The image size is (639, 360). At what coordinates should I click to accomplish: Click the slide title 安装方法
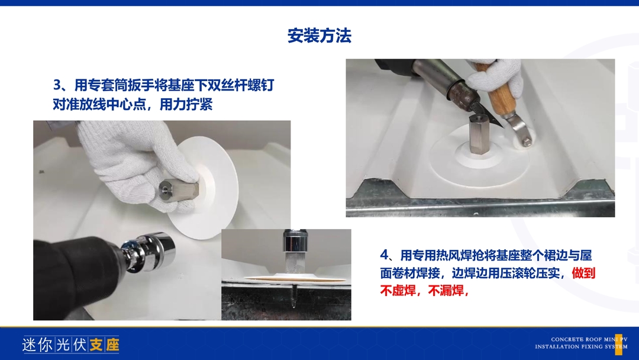[x=319, y=36]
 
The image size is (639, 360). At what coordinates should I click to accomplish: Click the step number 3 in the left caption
[x=57, y=85]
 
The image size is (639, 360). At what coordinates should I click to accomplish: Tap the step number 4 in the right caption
[x=385, y=255]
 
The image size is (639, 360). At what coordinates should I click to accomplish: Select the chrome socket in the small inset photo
[x=294, y=243]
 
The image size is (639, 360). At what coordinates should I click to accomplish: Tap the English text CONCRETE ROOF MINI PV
[x=589, y=339]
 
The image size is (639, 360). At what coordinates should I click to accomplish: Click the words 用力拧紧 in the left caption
[x=186, y=104]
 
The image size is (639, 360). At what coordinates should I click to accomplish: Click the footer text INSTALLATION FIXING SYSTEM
[x=581, y=347]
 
